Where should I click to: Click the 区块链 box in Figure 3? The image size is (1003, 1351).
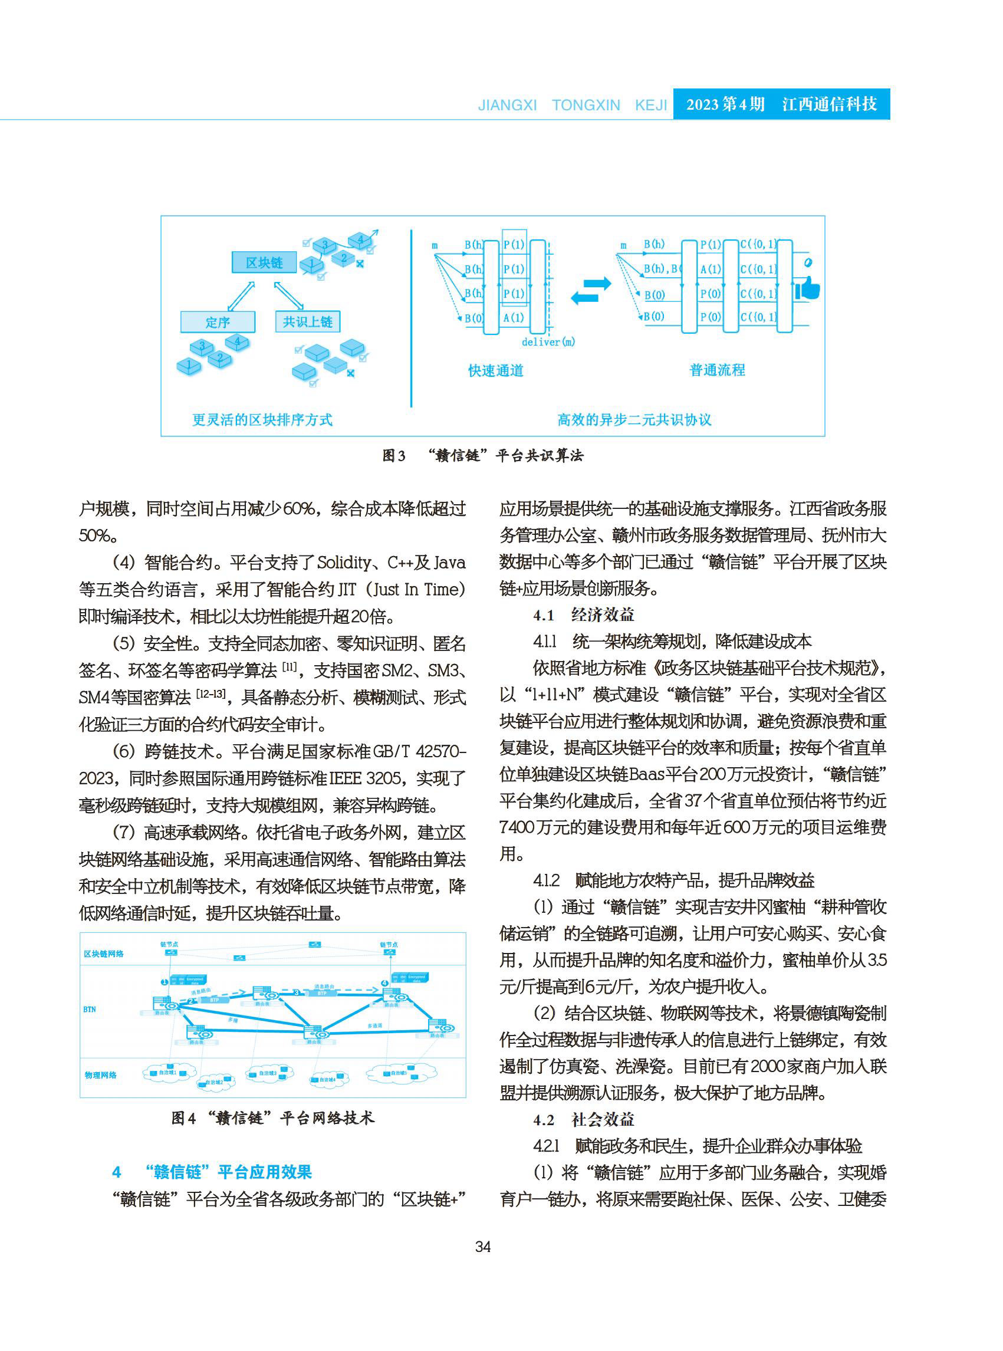pyautogui.click(x=264, y=262)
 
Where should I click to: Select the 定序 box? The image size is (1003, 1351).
pyautogui.click(x=218, y=322)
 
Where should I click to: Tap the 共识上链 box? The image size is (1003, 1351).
pyautogui.click(x=307, y=321)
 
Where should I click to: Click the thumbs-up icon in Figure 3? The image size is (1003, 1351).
pyautogui.click(x=807, y=288)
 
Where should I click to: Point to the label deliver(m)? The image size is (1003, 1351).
pyautogui.click(x=548, y=342)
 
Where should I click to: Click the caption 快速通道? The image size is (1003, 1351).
pyautogui.click(x=495, y=370)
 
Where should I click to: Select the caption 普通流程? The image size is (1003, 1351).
pyautogui.click(x=717, y=370)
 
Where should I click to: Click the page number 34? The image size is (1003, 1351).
pyautogui.click(x=483, y=1247)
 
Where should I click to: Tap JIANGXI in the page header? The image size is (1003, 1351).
pyautogui.click(x=507, y=105)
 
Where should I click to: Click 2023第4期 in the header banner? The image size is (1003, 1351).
pyautogui.click(x=725, y=104)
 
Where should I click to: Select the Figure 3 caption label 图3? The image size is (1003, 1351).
pyautogui.click(x=393, y=455)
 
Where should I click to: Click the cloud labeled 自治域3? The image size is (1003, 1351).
pyautogui.click(x=269, y=1073)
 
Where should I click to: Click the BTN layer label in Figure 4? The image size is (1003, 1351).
pyautogui.click(x=89, y=1009)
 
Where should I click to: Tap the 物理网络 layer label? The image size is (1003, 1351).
pyautogui.click(x=100, y=1075)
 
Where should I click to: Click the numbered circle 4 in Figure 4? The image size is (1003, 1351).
pyautogui.click(x=384, y=982)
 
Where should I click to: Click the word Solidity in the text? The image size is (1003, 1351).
pyautogui.click(x=343, y=562)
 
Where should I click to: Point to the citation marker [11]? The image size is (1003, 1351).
pyautogui.click(x=290, y=668)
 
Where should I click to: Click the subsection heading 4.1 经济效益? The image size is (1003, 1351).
pyautogui.click(x=584, y=615)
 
